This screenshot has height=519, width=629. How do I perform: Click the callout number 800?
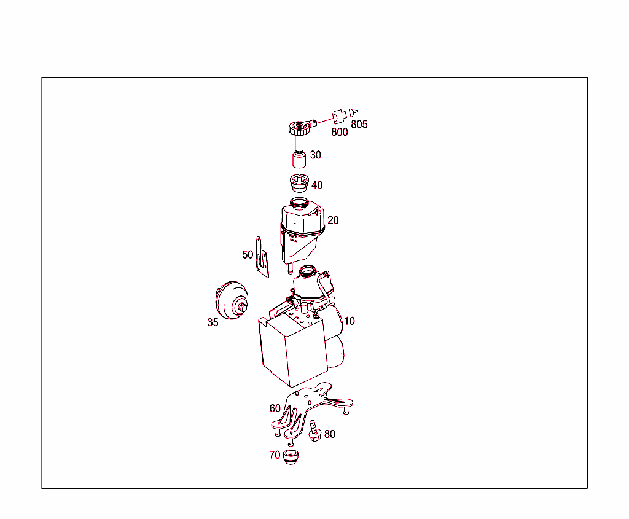click(x=340, y=131)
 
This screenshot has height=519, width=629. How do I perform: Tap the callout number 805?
click(x=359, y=125)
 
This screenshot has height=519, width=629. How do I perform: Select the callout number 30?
click(x=315, y=155)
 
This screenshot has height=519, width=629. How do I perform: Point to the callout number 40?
click(x=317, y=185)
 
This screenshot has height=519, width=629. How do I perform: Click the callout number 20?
click(x=333, y=220)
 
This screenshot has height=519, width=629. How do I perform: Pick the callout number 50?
click(x=248, y=254)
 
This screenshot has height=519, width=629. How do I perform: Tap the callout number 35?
click(x=213, y=322)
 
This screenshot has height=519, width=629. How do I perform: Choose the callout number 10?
click(x=349, y=321)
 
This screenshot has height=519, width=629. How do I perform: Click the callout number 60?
click(x=275, y=408)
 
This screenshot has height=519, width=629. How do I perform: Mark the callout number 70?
click(x=275, y=455)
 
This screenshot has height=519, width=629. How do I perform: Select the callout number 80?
click(x=330, y=434)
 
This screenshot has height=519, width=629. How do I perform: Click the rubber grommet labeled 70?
click(x=291, y=457)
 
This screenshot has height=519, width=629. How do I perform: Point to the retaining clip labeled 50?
click(x=262, y=258)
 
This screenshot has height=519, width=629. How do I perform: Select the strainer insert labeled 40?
click(x=299, y=183)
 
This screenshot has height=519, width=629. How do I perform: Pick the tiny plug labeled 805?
click(x=353, y=113)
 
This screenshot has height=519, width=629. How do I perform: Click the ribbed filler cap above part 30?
click(x=299, y=128)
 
